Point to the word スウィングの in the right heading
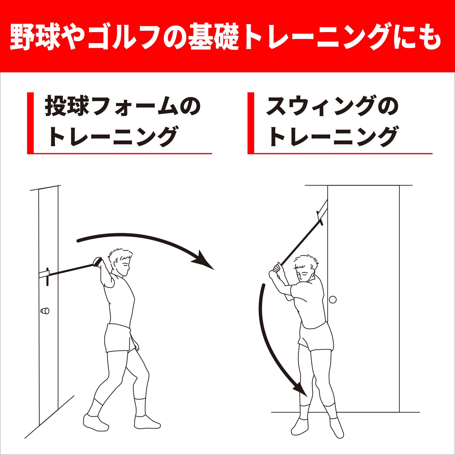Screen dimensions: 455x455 (332, 106)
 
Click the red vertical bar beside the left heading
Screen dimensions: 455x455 (30, 123)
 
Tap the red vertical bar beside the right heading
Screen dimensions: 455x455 (251, 123)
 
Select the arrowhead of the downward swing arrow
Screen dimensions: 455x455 (301, 389)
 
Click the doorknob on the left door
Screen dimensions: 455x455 (45, 311)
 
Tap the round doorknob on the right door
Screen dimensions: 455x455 (332, 299)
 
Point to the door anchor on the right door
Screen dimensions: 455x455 (322, 212)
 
